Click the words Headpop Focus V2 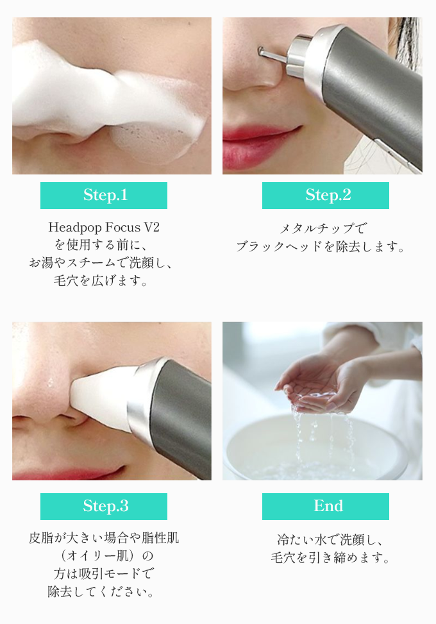[x=104, y=227]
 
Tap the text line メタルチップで [x=323, y=228]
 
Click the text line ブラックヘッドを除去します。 [x=321, y=246]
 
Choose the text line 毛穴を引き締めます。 [x=330, y=557]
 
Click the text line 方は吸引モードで [x=103, y=573]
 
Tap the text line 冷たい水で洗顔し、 [x=330, y=539]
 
